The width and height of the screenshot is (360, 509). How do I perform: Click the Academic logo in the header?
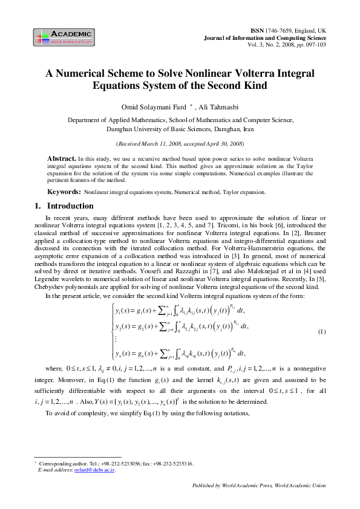(x=64, y=37)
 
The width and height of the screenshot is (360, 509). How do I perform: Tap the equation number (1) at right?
(x=322, y=332)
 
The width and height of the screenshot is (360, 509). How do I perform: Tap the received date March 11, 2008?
(x=161, y=144)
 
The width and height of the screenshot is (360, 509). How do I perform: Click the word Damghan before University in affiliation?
(x=120, y=129)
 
